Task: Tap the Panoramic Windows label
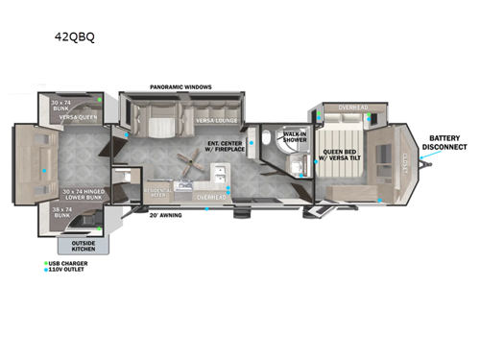point(180,87)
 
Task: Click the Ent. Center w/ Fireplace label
point(227,145)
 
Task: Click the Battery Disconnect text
point(447,143)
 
